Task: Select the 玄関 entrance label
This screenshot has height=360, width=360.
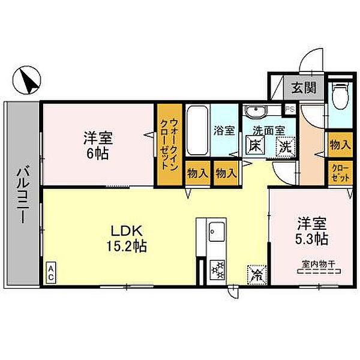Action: [304, 87]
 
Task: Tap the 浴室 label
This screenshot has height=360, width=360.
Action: [224, 130]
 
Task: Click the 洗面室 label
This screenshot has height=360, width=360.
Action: [265, 130]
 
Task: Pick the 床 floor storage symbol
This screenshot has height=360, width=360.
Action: [254, 145]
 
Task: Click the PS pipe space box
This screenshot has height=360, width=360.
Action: [289, 110]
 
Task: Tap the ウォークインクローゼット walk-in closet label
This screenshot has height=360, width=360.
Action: [169, 144]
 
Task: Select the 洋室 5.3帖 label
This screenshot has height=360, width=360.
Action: [311, 231]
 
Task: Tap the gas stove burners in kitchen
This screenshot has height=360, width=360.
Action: [216, 269]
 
